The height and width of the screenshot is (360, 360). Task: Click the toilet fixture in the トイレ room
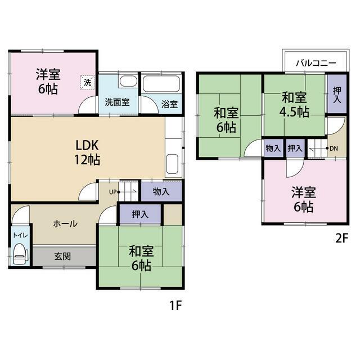21,254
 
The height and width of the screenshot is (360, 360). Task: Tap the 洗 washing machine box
88,82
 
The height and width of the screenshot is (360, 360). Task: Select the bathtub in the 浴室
161,84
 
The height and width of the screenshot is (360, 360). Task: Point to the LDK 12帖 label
87,152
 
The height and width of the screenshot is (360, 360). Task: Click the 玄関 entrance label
62,256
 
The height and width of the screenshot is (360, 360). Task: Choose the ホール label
65,223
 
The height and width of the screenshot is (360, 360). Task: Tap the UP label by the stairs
112,192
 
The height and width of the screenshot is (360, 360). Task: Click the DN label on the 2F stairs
334,148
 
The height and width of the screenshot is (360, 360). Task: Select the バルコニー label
316,62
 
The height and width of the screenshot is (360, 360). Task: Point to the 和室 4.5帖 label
294,105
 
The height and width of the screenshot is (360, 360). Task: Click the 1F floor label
175,305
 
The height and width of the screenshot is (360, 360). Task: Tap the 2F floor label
342,238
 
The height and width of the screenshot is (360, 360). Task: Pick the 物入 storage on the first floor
161,191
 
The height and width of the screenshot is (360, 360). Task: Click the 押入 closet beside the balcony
337,94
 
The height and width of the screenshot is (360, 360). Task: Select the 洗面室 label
117,102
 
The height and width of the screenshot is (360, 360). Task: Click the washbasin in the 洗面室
128,82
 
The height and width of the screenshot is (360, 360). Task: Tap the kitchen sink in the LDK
172,164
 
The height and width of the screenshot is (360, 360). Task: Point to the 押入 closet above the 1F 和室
140,214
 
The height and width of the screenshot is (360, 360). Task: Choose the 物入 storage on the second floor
273,148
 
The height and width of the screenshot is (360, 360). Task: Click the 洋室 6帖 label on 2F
304,199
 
